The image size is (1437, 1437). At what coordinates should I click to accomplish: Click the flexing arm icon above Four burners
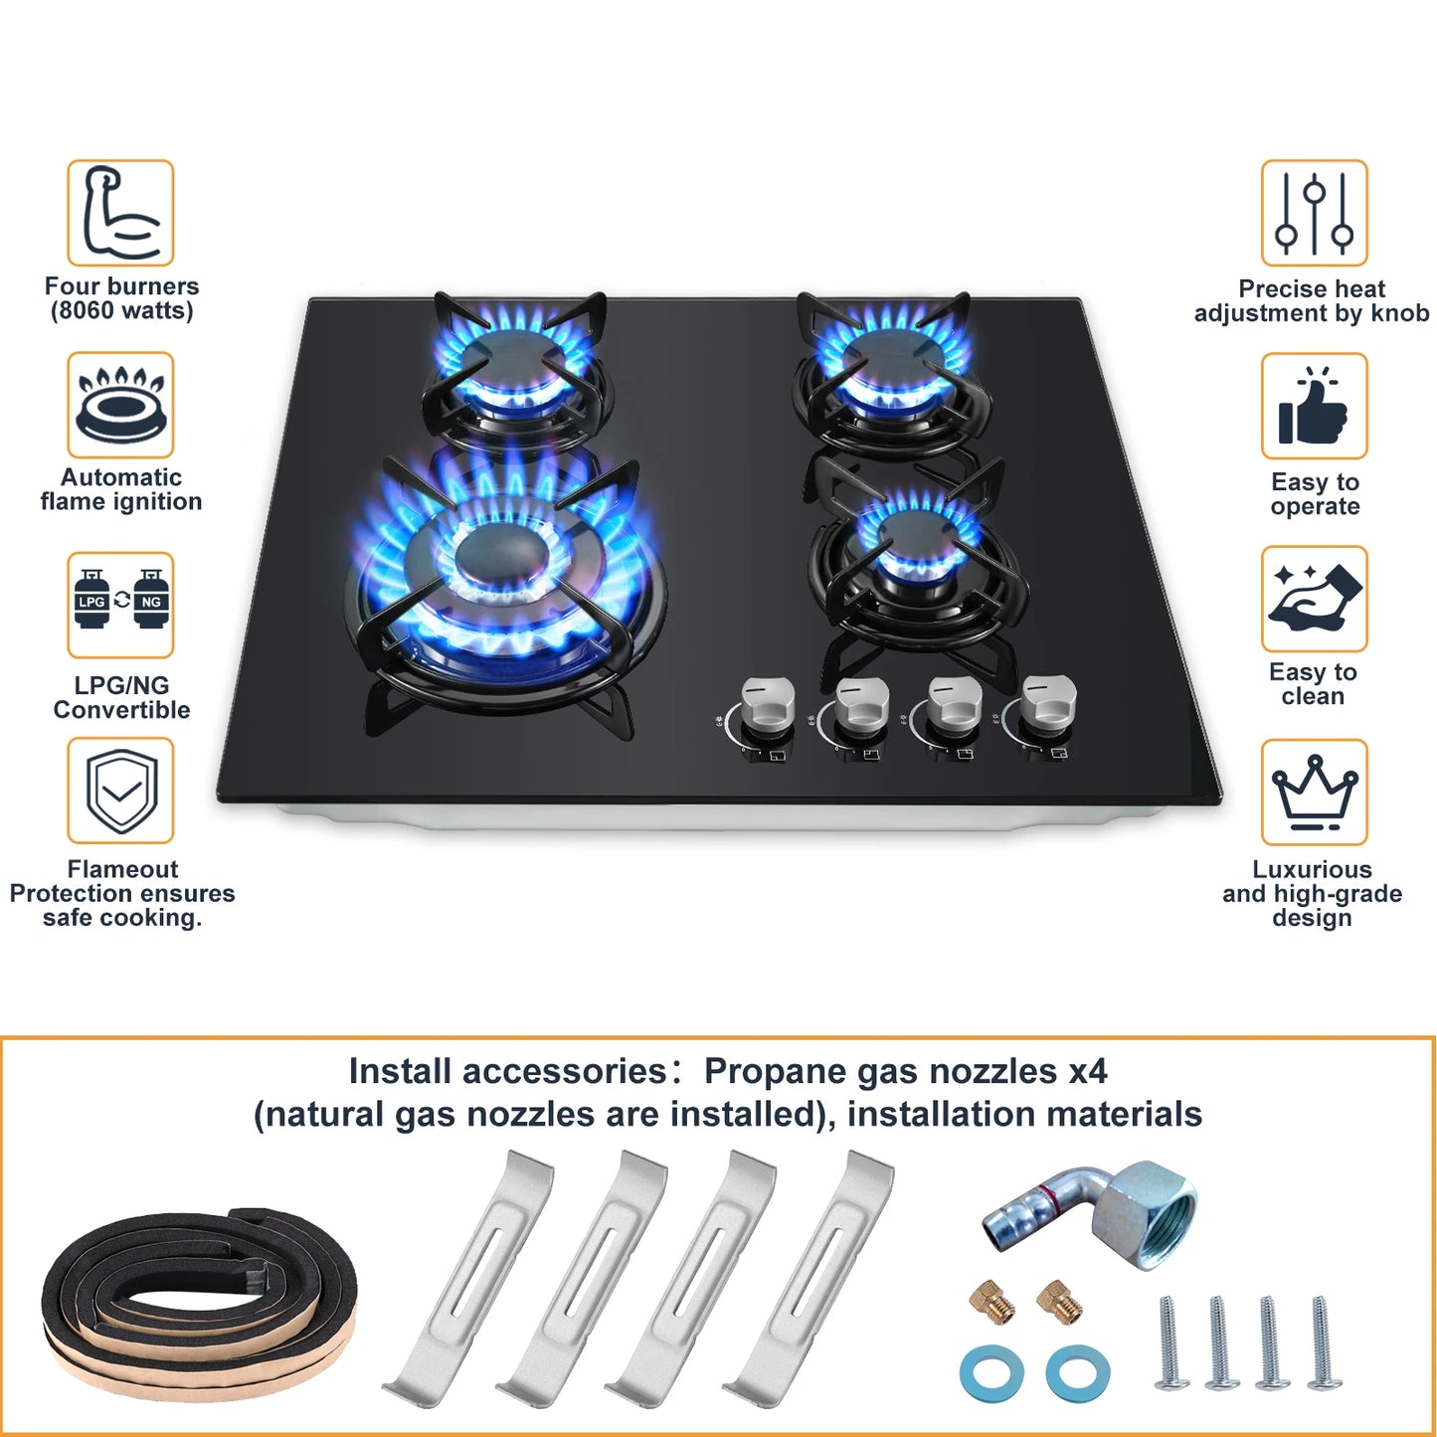(120, 213)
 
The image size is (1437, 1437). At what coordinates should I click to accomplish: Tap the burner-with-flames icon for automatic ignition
(120, 405)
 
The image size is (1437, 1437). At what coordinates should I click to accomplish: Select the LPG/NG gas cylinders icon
(120, 604)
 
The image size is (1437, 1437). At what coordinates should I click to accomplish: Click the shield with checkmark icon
(120, 791)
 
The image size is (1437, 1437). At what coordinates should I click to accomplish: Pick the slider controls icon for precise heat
(1314, 213)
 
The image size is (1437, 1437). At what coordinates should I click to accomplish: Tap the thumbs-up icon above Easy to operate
(1314, 406)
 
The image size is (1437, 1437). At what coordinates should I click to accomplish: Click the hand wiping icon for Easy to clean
(1314, 599)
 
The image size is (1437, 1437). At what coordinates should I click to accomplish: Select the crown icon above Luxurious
(1314, 792)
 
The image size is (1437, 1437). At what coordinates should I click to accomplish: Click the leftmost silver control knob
(768, 704)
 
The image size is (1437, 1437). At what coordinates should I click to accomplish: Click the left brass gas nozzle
(992, 1301)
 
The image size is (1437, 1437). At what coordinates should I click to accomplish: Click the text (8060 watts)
(121, 311)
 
